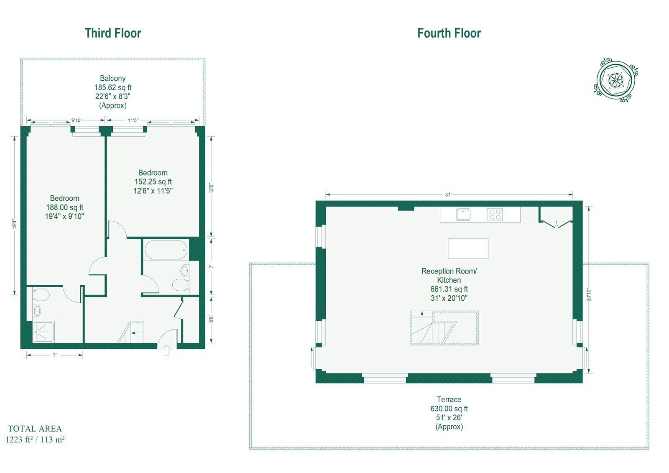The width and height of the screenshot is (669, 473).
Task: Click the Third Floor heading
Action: tap(112, 33)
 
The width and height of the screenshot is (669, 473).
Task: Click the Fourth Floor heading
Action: tap(449, 33)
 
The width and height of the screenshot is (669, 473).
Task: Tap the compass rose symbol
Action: tap(615, 80)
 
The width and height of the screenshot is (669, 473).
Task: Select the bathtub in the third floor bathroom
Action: tap(166, 250)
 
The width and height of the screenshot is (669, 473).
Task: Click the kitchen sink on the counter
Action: tap(463, 215)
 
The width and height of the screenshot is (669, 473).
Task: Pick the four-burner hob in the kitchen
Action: tap(495, 215)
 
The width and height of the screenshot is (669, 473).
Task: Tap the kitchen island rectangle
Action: tap(468, 248)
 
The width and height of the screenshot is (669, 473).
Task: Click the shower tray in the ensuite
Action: tap(43, 332)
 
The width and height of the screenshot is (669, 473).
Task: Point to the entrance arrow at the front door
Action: tap(167, 350)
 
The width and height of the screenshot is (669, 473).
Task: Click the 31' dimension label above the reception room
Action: tap(448, 194)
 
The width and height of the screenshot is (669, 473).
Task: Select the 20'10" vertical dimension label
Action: tap(589, 294)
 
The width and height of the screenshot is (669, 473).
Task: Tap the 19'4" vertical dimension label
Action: tap(14, 224)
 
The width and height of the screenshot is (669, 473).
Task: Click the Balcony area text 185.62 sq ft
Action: tap(113, 87)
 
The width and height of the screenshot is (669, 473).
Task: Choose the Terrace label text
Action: tap(449, 399)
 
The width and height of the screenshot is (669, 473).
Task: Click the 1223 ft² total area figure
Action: tap(18, 440)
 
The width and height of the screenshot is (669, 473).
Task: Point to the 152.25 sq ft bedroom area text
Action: tap(153, 182)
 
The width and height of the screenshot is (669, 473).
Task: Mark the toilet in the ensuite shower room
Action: tap(41, 295)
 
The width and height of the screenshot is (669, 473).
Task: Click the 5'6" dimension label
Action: tap(211, 319)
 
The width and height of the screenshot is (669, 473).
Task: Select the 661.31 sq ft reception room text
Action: tap(449, 289)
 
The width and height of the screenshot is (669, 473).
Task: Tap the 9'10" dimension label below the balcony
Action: tap(77, 120)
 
